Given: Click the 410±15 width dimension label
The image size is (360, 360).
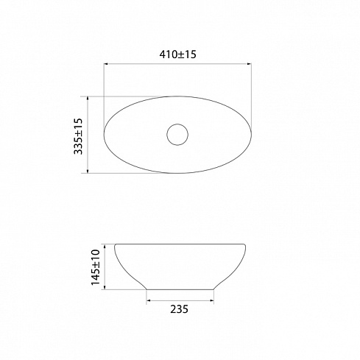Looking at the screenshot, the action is tap(177, 54).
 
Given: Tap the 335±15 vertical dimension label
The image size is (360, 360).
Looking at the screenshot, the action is tap(78, 136).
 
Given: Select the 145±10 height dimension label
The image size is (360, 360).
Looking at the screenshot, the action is tap(96, 267).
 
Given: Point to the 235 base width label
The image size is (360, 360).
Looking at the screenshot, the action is tap(180, 309).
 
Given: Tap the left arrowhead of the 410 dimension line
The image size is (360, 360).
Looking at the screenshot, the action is tap(106, 64).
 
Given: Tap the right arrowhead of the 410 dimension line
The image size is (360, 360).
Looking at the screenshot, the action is tap(249, 64).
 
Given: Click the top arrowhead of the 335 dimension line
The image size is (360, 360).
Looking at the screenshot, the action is tap(88, 99).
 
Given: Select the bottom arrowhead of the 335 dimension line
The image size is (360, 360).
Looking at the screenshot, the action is tap(88, 171).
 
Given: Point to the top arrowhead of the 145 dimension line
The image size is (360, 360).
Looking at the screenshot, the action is tap(105, 247).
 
